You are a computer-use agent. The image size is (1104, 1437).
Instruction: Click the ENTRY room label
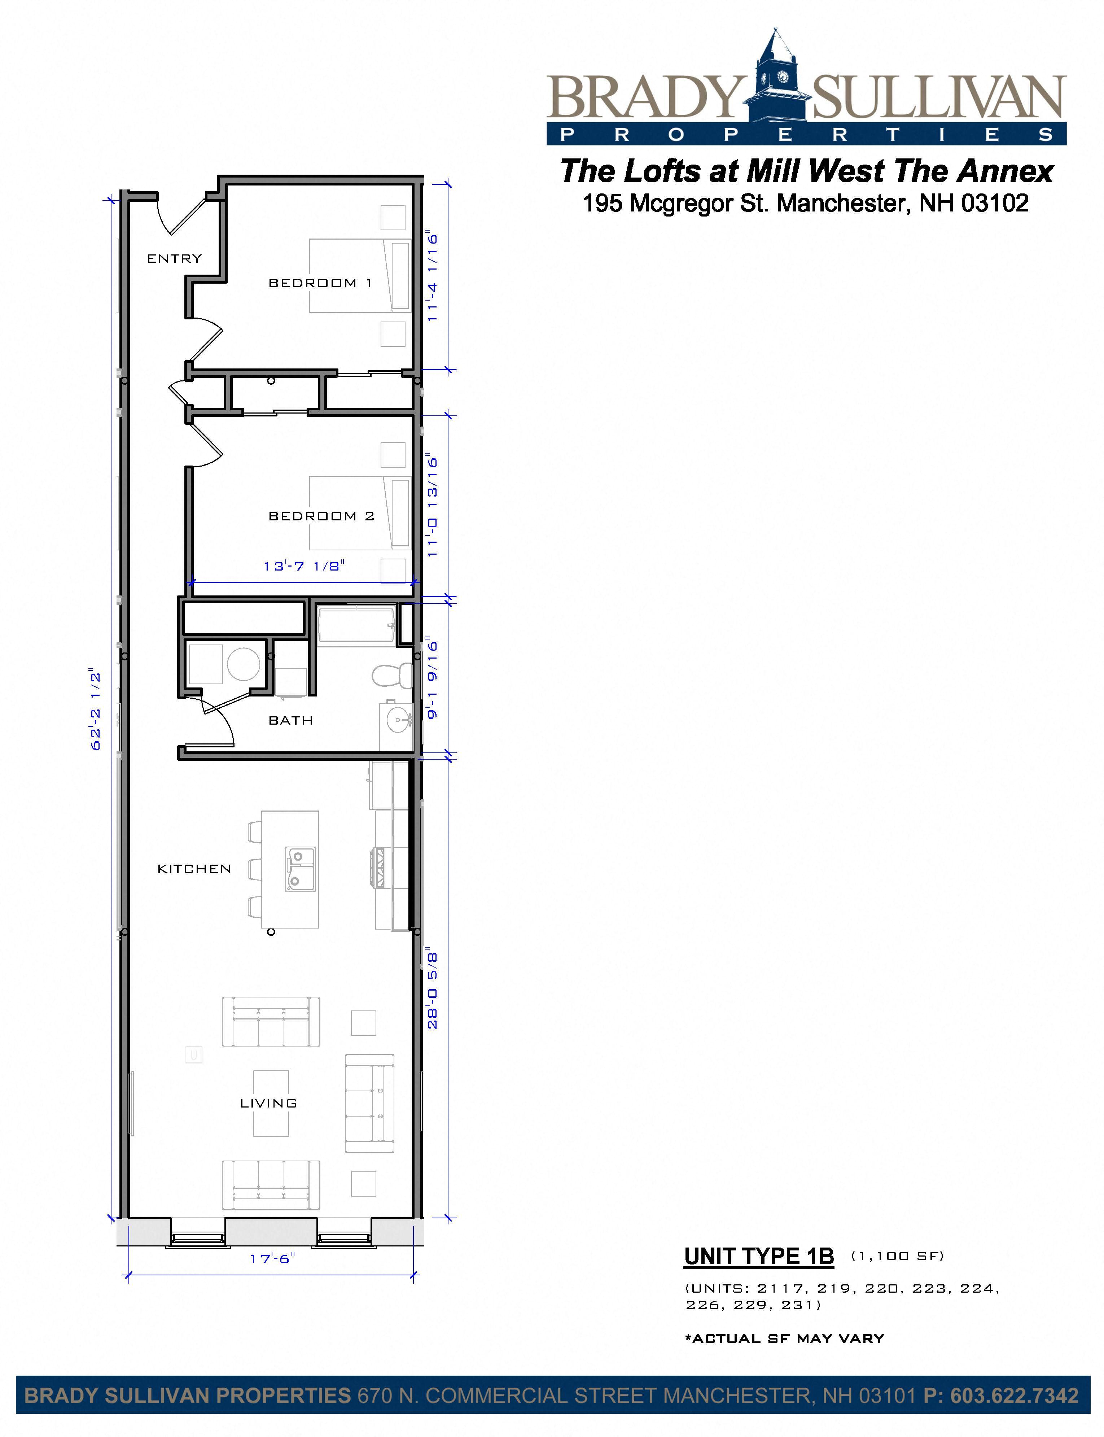click(174, 258)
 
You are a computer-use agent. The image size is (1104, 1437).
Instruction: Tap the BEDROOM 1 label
click(320, 283)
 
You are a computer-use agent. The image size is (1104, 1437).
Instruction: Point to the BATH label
click(290, 720)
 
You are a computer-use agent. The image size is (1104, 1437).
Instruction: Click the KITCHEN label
click(194, 869)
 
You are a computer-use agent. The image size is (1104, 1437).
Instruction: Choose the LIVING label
click(269, 1103)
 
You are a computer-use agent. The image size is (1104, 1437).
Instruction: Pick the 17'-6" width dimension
click(273, 1258)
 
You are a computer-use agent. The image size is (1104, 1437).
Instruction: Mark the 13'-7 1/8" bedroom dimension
click(304, 566)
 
